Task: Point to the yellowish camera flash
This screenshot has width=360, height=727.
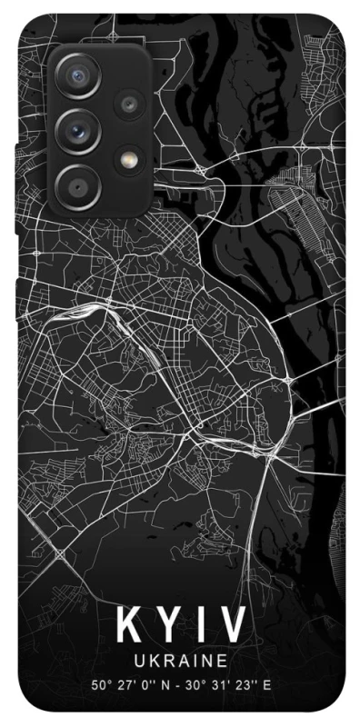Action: (129, 159)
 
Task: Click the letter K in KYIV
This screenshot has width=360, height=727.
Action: (126, 628)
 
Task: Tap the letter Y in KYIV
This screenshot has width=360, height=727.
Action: (167, 628)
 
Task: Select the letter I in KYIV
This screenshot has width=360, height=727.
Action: (200, 628)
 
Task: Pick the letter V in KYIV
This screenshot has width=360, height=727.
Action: (231, 628)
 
